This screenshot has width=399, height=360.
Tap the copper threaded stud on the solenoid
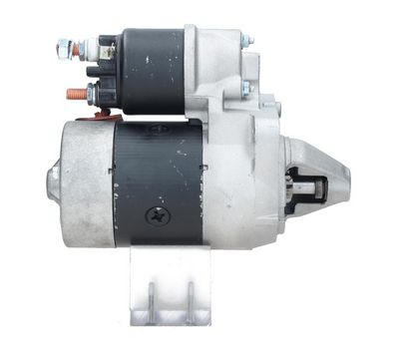(74, 96)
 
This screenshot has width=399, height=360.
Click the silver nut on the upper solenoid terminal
(64, 46)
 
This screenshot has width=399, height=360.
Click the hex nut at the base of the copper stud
(91, 95)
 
